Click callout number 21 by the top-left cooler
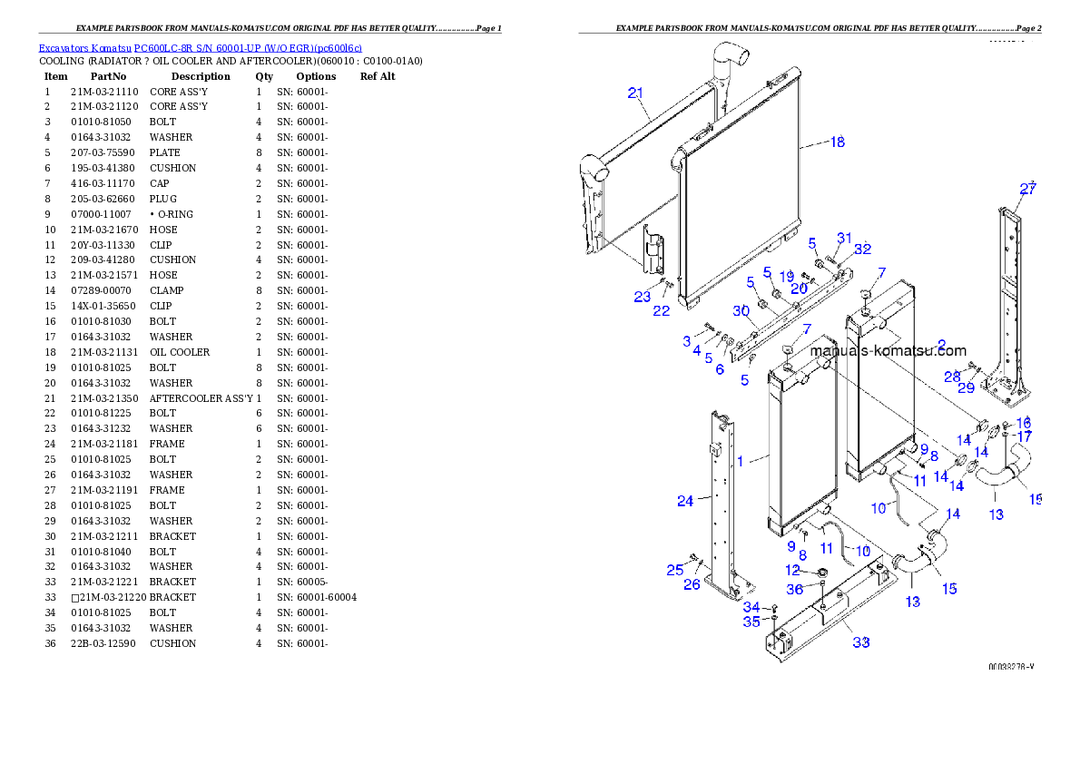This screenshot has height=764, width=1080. [635, 93]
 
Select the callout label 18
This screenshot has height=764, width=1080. [836, 142]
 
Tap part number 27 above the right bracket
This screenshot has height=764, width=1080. [1027, 190]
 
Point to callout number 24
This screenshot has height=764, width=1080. [685, 500]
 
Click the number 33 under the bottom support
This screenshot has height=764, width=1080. [860, 642]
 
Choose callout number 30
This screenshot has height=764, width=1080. [741, 310]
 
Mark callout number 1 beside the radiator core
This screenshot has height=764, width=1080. [740, 461]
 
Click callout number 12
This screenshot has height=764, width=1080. [793, 571]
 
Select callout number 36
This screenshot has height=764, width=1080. [795, 589]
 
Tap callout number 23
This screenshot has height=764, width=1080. [643, 296]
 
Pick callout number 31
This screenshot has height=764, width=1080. [844, 239]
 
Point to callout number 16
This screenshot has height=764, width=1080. [1024, 423]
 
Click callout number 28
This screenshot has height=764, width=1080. [951, 376]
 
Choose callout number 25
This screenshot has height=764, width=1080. [674, 570]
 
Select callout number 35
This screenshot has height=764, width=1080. [751, 622]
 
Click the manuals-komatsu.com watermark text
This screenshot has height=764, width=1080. [888, 351]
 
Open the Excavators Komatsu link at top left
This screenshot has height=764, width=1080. [200, 48]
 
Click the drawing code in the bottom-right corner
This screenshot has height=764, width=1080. [1011, 666]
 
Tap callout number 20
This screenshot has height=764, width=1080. [798, 289]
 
